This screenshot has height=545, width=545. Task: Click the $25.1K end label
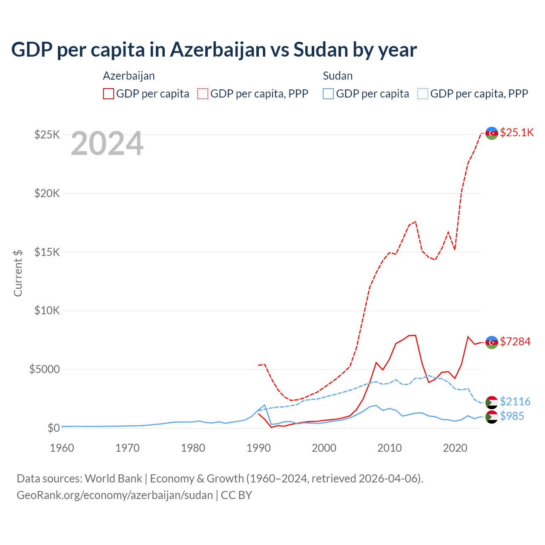516,132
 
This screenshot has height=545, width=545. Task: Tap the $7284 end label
515,341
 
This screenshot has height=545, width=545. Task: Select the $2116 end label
515,402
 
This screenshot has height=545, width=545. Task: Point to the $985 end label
512,416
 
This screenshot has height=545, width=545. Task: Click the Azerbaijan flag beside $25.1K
492,133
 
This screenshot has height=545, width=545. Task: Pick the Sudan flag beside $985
492,417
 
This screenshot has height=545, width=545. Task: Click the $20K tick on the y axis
47,193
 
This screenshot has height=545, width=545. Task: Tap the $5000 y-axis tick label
45,369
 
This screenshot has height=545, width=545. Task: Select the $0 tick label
54,428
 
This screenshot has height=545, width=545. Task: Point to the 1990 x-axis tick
258,448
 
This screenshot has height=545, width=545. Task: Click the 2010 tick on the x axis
390,448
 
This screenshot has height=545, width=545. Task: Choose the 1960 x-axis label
62,448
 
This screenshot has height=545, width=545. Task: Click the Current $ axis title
18,273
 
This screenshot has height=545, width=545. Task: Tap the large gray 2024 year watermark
107,144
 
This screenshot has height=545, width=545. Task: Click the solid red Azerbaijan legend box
109,94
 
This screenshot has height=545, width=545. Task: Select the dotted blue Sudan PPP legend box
423,94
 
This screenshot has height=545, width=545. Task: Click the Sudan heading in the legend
338,76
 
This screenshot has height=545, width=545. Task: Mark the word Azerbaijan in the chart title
218,49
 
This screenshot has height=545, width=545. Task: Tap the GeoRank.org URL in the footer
115,495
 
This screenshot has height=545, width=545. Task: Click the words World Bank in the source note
113,479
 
